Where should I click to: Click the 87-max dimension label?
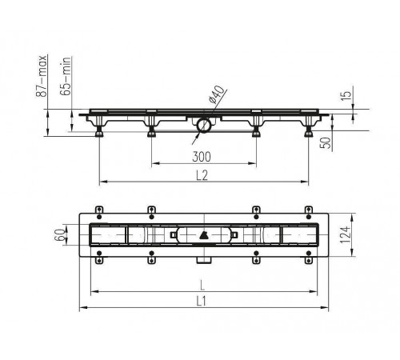click(42, 76)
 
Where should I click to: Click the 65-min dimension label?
click(66, 76)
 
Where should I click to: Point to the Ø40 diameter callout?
click(217, 94)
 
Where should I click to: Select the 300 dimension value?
click(202, 157)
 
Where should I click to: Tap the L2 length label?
click(202, 175)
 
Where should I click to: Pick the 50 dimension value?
click(326, 143)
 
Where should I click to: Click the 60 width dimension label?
click(60, 235)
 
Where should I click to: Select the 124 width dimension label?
click(345, 234)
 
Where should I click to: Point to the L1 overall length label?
click(202, 302)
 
